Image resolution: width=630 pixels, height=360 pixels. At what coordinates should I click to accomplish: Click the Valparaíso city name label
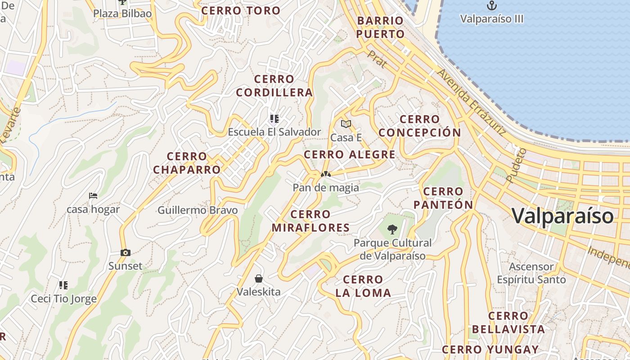562,216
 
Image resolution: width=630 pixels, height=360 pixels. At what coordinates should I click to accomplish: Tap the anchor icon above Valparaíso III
492,6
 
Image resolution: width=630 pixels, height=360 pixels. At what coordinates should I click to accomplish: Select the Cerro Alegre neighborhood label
350,155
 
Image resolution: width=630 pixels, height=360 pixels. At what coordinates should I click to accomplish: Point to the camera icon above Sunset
126,253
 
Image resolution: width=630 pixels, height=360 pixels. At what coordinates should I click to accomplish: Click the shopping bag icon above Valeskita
259,279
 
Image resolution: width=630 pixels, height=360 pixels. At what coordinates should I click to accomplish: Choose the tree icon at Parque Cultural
392,229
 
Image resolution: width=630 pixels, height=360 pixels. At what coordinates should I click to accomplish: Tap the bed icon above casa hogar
93,196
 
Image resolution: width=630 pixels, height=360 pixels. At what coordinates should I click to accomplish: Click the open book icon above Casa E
346,124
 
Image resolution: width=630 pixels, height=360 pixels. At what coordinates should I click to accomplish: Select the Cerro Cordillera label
274,86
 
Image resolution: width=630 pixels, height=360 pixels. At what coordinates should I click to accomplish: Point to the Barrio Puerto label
381,27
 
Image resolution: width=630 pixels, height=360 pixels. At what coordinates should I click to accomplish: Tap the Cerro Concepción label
419,126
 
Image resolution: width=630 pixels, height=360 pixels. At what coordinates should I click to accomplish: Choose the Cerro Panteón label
443,198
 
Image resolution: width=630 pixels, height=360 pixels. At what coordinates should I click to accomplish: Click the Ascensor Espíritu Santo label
531,273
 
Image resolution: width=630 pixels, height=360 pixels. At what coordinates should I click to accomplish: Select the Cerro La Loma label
363,286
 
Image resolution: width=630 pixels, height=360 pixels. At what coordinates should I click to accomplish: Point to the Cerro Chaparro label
187,163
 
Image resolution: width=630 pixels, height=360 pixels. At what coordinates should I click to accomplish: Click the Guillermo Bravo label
198,210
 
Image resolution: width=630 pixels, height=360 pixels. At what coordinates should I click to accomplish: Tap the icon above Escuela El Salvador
274,119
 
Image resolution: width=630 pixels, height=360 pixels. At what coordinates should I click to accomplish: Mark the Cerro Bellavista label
508,323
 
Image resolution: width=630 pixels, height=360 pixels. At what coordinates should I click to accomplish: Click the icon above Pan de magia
326,174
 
